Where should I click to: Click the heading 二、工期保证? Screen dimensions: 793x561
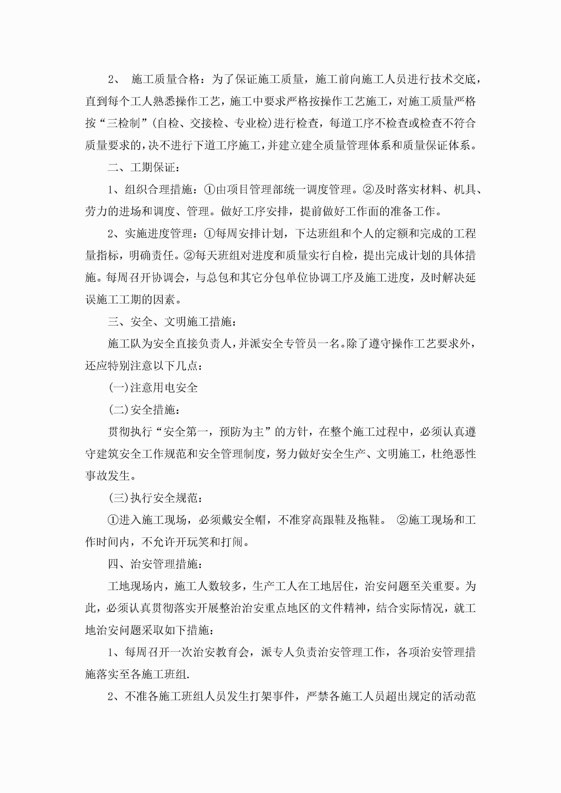click(x=143, y=168)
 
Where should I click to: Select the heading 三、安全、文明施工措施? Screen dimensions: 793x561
click(x=172, y=321)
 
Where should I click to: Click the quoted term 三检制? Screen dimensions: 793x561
click(x=124, y=123)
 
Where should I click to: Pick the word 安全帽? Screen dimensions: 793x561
click(x=249, y=520)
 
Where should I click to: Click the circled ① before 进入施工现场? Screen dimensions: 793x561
click(x=113, y=520)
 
